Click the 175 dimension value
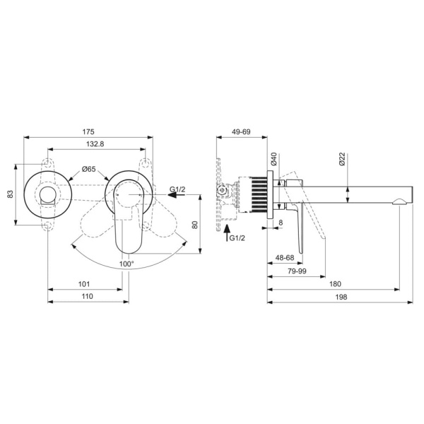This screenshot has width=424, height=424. [88, 131]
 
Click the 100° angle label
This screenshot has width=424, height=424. [126, 263]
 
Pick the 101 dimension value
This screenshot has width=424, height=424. [84, 285]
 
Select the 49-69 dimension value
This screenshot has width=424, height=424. [241, 131]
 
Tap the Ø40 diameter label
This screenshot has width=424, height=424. [273, 160]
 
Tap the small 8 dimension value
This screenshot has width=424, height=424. [281, 223]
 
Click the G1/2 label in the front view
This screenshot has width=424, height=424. [177, 189]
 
